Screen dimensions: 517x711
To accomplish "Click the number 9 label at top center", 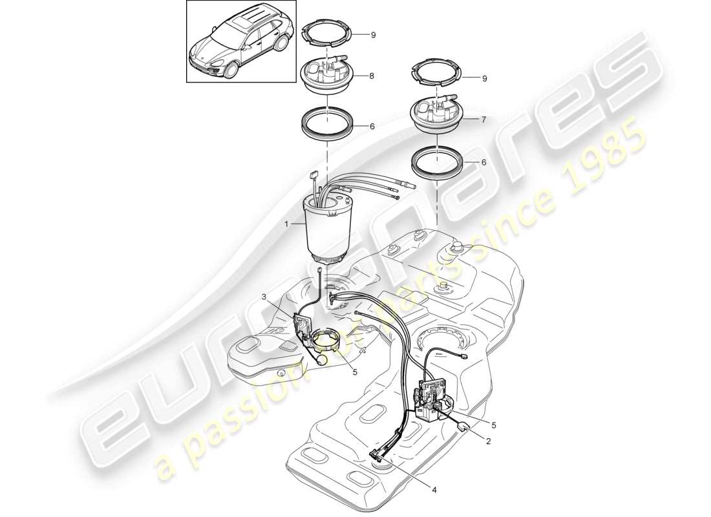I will (373, 35).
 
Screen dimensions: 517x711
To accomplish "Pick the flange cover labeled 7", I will (438, 114).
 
